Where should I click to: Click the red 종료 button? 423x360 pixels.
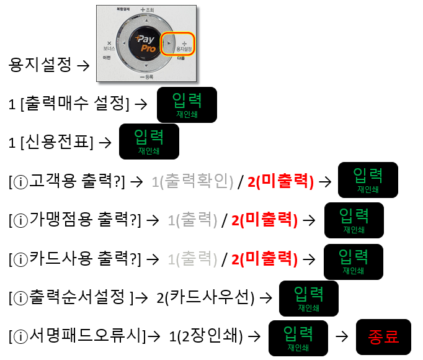(383, 337)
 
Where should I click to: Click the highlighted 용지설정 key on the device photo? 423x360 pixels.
(180, 43)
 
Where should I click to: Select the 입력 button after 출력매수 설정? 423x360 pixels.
(187, 104)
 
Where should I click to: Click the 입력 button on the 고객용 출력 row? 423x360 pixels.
(367, 179)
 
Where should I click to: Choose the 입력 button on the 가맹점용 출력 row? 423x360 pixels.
(354, 220)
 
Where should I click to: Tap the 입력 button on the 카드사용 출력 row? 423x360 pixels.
(354, 261)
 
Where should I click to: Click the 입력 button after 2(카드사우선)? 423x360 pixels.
(309, 298)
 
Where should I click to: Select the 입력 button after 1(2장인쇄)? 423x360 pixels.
(298, 338)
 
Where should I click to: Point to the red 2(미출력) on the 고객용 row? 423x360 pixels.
(281, 181)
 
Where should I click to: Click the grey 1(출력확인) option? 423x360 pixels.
(192, 181)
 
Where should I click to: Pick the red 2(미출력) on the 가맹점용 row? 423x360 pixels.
(264, 220)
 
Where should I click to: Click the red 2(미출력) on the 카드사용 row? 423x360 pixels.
(264, 259)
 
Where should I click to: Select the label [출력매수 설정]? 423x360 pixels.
(74, 104)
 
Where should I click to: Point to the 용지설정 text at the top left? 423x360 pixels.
(41, 65)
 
